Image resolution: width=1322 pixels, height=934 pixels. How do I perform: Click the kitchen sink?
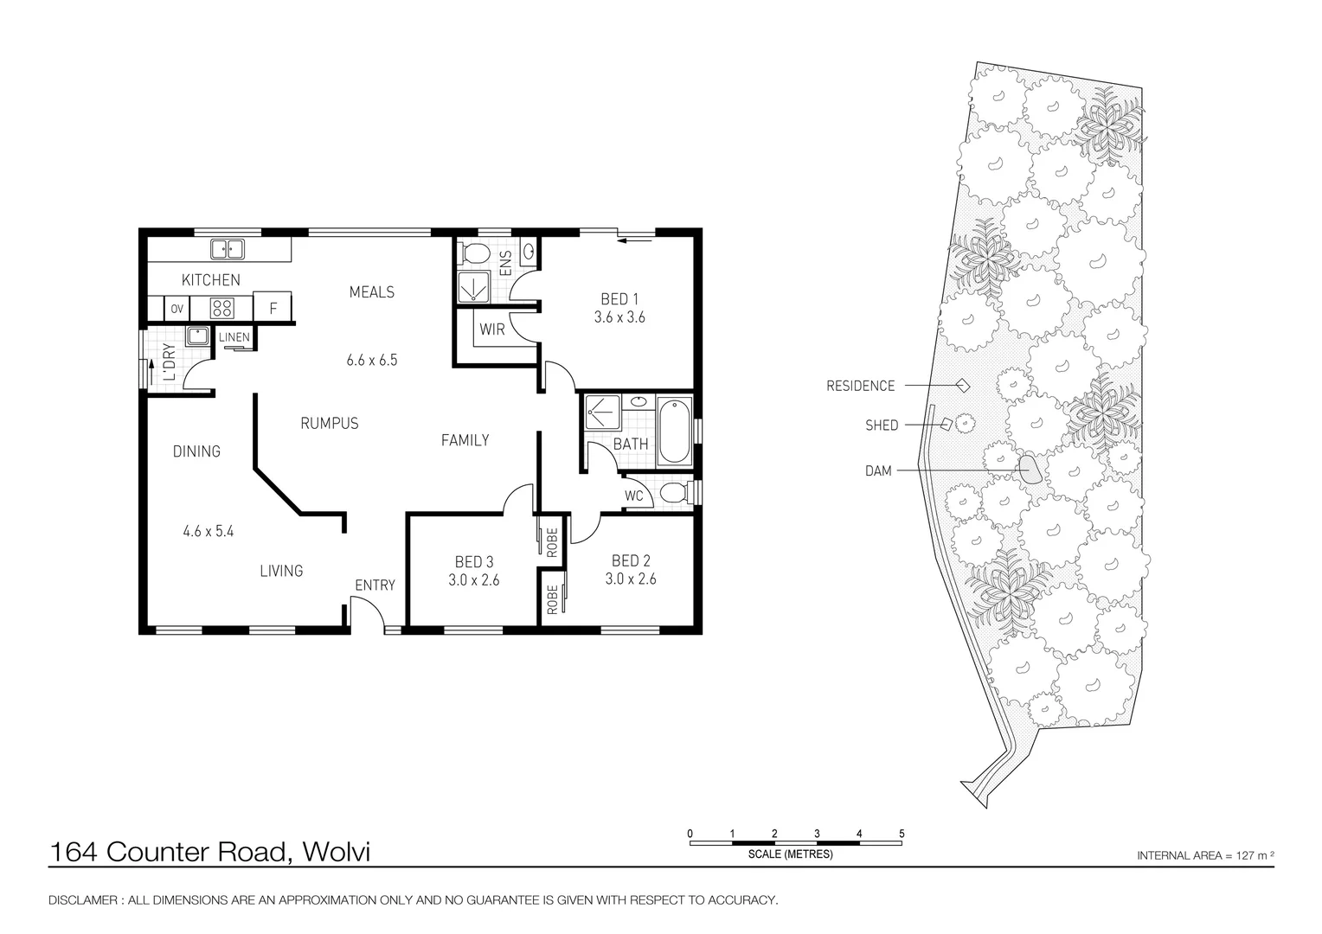pos(228,249)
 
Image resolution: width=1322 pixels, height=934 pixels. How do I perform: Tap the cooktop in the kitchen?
pos(221,307)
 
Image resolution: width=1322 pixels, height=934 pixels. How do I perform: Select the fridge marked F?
pos(272,307)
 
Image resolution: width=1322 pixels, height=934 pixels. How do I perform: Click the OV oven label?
pos(177,309)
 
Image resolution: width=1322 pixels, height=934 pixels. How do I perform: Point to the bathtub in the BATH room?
pos(674,431)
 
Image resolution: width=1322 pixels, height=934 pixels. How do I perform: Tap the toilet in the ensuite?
pos(475,254)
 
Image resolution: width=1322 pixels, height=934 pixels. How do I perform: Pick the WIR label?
pos(492,329)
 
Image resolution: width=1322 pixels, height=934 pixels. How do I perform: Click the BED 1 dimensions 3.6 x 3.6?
pos(619,317)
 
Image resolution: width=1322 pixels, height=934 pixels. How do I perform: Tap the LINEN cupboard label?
pos(234,337)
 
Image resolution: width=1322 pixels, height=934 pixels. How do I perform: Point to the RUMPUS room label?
pos(330,423)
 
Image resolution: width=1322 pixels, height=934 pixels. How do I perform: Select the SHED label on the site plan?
pos(882,425)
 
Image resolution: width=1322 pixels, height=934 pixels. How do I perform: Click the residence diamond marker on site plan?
pos(963,386)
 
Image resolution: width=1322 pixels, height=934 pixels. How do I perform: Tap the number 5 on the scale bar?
pos(902,834)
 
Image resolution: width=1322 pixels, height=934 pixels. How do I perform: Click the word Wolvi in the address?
pos(336,852)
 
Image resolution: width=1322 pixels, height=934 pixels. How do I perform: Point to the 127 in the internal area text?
pos(1245,855)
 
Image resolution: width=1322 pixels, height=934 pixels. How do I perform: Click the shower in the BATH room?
pos(602,412)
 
